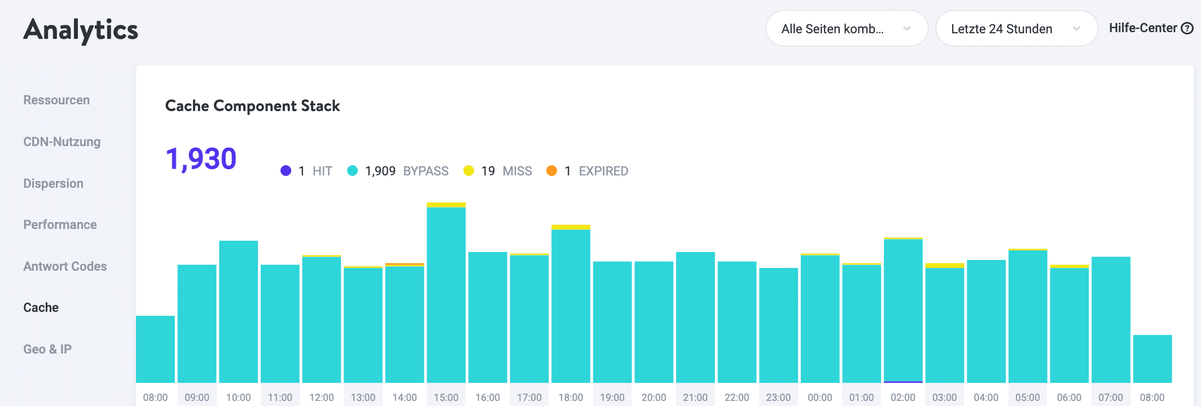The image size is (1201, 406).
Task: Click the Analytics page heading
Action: click(x=81, y=30)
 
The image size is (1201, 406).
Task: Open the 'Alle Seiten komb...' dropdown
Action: click(x=846, y=29)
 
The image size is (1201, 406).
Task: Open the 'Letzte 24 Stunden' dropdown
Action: click(x=1016, y=29)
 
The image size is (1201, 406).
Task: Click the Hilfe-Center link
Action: click(x=1150, y=28)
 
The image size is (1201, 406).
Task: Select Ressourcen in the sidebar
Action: click(x=56, y=100)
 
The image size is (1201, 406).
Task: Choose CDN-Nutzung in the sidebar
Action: click(x=62, y=142)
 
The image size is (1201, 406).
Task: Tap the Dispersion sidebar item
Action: click(x=53, y=184)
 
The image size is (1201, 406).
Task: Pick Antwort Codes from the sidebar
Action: click(x=65, y=267)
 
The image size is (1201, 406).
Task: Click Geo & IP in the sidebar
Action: click(x=47, y=350)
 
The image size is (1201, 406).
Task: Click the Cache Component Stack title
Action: click(x=252, y=106)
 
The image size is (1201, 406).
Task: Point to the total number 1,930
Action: click(x=201, y=159)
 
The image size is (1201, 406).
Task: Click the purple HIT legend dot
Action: click(x=286, y=171)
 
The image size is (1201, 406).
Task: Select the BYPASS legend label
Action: click(x=426, y=171)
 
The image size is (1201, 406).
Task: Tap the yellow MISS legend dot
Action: click(x=468, y=171)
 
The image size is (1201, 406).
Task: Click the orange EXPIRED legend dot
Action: click(x=552, y=171)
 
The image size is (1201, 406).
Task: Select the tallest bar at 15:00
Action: click(x=446, y=293)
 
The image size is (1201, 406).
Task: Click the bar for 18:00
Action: click(x=571, y=304)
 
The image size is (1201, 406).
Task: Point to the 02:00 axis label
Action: click(x=903, y=398)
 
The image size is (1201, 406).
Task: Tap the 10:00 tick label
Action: click(x=238, y=398)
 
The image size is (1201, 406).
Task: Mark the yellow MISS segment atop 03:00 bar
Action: click(x=945, y=266)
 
